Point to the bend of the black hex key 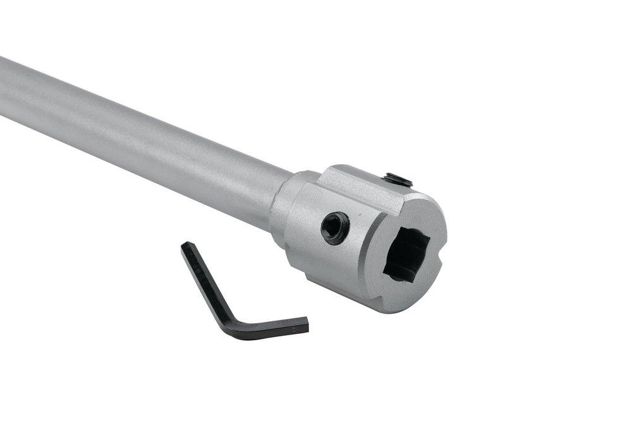(223, 321)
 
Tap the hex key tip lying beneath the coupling (305, 325)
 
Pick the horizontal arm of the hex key (265, 327)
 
